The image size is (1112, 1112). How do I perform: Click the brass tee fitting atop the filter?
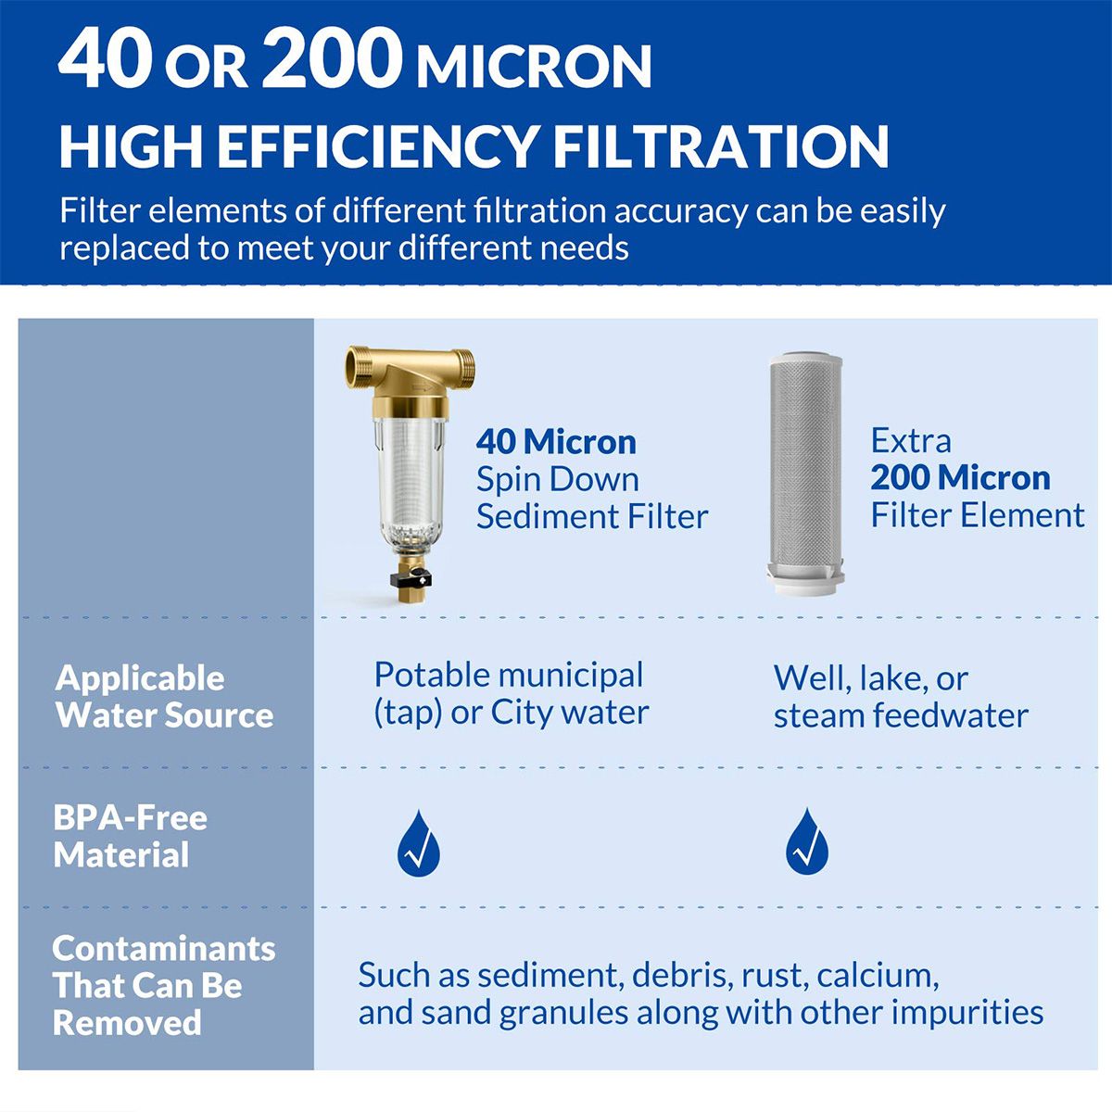[x=411, y=372]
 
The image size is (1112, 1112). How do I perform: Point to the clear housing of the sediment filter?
[x=411, y=482]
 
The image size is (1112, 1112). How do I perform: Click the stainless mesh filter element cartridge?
[x=806, y=468]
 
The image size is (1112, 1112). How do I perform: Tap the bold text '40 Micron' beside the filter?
[x=556, y=442]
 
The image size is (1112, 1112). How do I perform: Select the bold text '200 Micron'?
[x=960, y=478]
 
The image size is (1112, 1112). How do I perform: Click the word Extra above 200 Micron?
[x=910, y=441]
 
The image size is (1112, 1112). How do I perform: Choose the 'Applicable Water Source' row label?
[x=164, y=697]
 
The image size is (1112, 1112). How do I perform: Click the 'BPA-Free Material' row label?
[x=130, y=836]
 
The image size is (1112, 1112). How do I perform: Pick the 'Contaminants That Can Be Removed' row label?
[x=163, y=985]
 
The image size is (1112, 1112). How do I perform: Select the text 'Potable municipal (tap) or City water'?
[x=511, y=693]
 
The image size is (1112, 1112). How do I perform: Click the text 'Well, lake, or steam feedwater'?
[x=900, y=697]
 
